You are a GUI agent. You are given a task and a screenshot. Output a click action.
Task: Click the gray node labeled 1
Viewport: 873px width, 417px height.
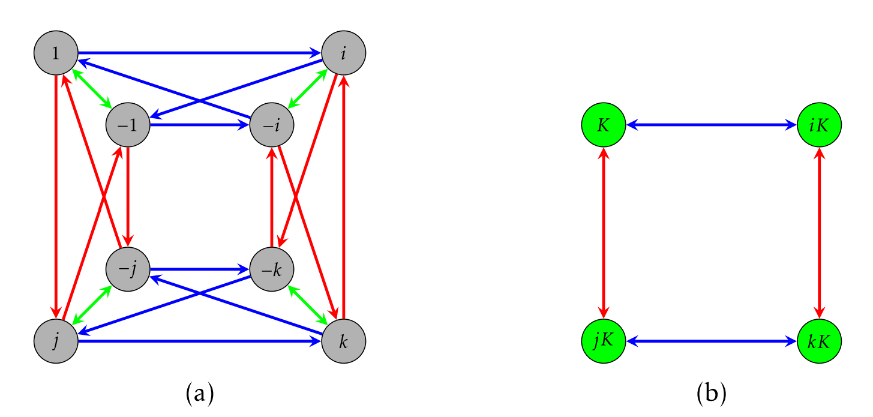[x=56, y=53]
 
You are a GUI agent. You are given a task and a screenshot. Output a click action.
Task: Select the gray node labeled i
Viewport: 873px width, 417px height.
[x=344, y=53]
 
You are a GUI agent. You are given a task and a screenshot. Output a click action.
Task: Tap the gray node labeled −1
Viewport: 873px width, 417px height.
[x=128, y=125]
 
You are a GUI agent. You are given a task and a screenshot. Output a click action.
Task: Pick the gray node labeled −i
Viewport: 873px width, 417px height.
[x=272, y=125]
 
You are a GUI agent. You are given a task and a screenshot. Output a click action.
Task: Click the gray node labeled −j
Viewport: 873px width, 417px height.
[x=128, y=269]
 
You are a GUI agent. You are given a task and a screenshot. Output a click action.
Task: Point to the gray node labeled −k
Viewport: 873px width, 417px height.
[x=272, y=269]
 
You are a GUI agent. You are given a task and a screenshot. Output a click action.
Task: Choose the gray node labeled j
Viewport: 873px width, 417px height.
[x=56, y=341]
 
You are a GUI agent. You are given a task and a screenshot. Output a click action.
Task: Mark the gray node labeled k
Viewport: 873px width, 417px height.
[x=344, y=341]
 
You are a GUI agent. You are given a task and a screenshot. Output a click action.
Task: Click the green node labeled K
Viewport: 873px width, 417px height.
[x=604, y=125]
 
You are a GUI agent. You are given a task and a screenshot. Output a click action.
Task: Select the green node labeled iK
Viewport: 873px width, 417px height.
[x=820, y=125]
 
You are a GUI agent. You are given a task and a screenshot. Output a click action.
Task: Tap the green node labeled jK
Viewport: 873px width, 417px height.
[x=604, y=341]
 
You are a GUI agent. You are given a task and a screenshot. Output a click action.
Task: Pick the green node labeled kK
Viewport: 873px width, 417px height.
[x=820, y=341]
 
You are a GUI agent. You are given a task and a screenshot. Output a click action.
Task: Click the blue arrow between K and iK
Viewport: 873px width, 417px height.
[x=712, y=125]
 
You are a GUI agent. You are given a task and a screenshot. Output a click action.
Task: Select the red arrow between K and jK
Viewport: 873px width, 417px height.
[x=604, y=233]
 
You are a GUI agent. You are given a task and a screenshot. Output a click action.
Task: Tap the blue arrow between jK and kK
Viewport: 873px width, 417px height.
[x=712, y=341]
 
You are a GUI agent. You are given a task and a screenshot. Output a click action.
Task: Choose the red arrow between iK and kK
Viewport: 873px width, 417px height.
[x=820, y=233]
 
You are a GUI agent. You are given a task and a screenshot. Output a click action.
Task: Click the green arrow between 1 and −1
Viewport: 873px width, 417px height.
[x=92, y=89]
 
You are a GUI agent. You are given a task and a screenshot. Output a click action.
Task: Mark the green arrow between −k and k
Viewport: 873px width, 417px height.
[x=308, y=305]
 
